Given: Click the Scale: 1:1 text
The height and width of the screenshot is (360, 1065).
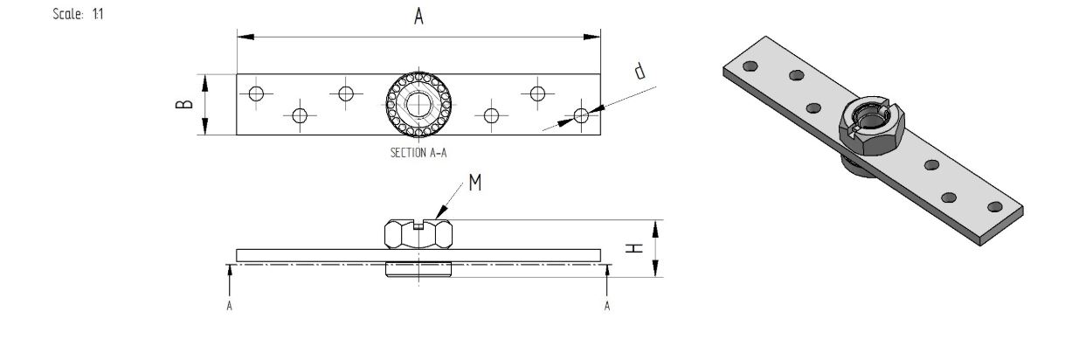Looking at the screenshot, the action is [78, 14].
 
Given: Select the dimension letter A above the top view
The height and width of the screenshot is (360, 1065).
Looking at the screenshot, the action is [418, 17].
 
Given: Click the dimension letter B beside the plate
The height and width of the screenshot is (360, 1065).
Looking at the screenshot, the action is [184, 104].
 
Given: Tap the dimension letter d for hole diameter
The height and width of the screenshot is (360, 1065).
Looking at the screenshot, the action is [640, 71].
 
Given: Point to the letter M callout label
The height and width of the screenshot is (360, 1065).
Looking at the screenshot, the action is [475, 182].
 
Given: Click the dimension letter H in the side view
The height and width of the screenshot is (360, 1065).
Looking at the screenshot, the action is [634, 248].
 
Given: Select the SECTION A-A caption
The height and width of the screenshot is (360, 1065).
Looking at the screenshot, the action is [418, 153].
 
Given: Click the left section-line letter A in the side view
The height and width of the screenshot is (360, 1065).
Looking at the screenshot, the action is [229, 306].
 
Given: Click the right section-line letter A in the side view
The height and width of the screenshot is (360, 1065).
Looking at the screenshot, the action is [606, 306].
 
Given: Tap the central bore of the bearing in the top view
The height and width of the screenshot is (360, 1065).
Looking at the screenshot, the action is [418, 104].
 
